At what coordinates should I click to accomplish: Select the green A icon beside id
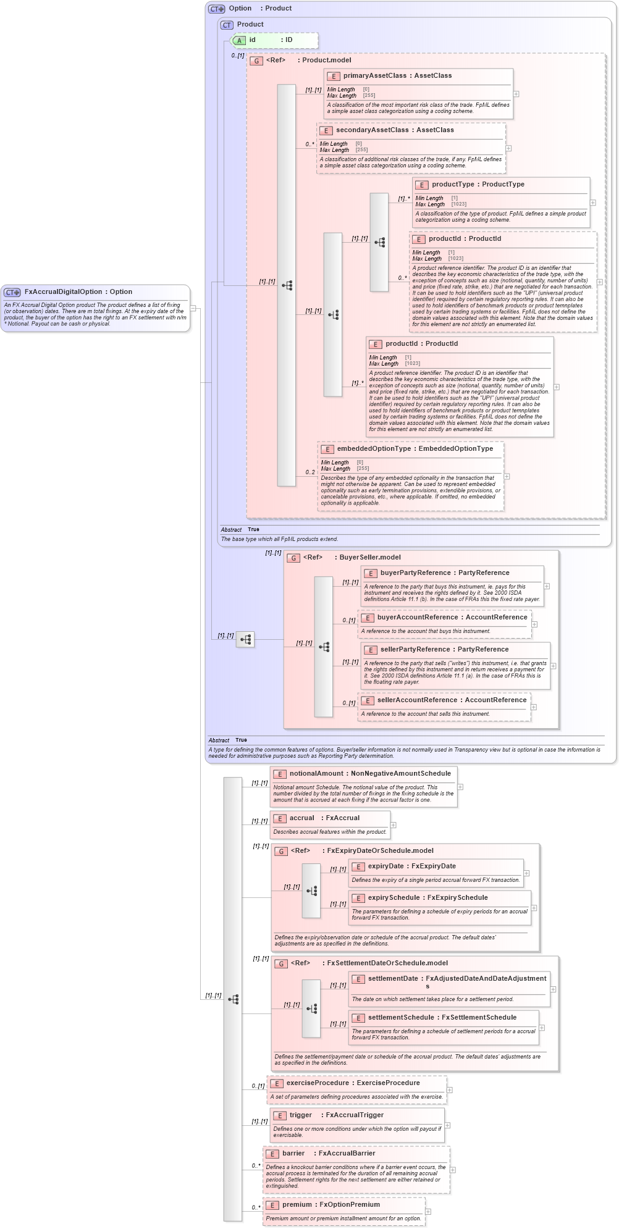(x=239, y=40)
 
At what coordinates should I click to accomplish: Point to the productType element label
(x=453, y=184)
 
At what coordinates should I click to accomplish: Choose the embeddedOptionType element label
(x=373, y=448)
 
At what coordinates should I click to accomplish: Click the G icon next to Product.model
(x=256, y=61)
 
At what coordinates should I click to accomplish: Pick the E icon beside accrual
(x=280, y=818)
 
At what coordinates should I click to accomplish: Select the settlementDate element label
(x=393, y=978)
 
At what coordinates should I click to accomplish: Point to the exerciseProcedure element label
(x=317, y=1083)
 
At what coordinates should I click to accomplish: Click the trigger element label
(x=300, y=1115)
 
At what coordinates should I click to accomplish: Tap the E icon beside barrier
(x=272, y=1154)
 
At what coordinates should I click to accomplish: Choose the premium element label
(x=297, y=1204)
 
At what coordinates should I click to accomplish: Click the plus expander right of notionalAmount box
(x=460, y=787)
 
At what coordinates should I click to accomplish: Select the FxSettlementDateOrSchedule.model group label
(x=387, y=963)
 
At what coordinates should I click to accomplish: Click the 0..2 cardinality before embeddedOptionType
(x=310, y=472)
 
